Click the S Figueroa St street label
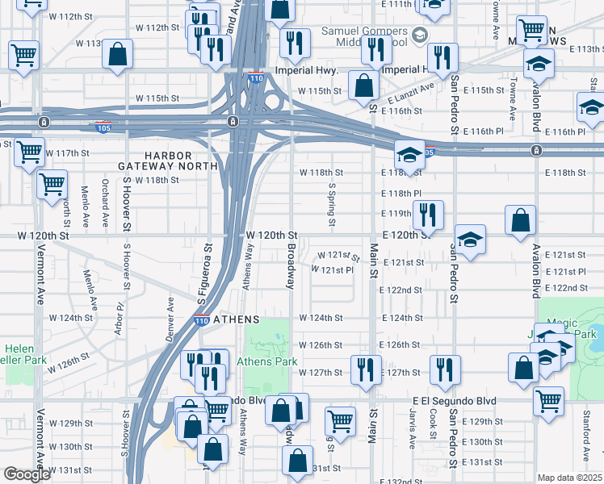pos(205,274)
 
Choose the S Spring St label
pos(331,204)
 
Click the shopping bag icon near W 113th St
pos(118,55)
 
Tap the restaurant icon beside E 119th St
pos(426,215)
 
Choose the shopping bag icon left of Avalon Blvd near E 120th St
pos(521,219)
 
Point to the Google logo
pos(27,474)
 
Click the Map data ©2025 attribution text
pos(570,478)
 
